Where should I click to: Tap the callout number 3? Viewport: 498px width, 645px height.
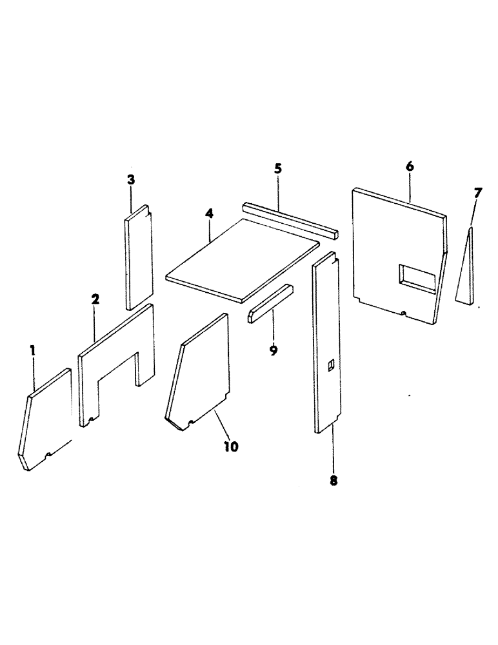point(131,180)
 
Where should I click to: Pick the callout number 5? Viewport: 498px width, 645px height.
point(278,169)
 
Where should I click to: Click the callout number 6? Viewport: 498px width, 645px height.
point(410,166)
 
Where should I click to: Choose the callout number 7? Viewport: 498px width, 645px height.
point(477,192)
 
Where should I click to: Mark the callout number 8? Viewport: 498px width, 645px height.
point(333,480)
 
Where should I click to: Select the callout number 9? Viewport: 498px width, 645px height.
point(274,350)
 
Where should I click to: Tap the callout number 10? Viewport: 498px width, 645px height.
point(230,446)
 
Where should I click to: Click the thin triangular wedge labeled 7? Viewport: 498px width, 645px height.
point(466,271)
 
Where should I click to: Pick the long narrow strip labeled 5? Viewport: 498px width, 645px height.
point(290,219)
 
